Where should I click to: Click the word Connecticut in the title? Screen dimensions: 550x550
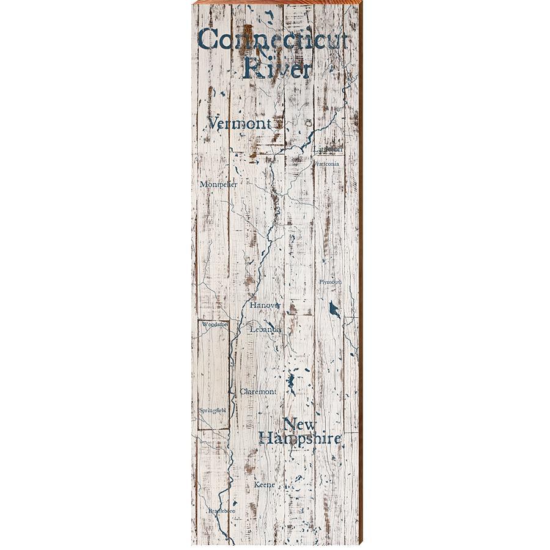pyautogui.click(x=273, y=40)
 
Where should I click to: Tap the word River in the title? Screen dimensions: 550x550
pyautogui.click(x=277, y=68)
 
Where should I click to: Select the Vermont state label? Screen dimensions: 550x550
pyautogui.click(x=239, y=123)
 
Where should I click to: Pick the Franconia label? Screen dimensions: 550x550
pyautogui.click(x=326, y=164)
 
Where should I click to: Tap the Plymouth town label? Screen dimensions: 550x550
pyautogui.click(x=330, y=282)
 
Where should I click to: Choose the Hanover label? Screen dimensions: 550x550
pyautogui.click(x=265, y=304)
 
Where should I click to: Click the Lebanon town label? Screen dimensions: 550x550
pyautogui.click(x=265, y=329)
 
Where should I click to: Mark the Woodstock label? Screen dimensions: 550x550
pyautogui.click(x=214, y=324)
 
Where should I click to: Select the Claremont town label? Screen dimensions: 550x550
pyautogui.click(x=258, y=391)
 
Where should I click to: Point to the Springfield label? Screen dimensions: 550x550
pyautogui.click(x=212, y=410)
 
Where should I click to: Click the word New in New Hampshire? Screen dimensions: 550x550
pyautogui.click(x=300, y=424)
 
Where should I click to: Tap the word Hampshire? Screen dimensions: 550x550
pyautogui.click(x=299, y=439)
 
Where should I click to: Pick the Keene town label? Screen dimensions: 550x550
pyautogui.click(x=265, y=485)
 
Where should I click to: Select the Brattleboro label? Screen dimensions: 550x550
pyautogui.click(x=221, y=510)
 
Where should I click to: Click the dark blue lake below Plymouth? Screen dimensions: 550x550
pyautogui.click(x=334, y=309)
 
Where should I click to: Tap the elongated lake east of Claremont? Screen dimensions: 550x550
pyautogui.click(x=291, y=384)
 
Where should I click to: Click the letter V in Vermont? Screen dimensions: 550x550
pyautogui.click(x=213, y=123)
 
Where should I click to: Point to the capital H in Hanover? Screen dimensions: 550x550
pyautogui.click(x=252, y=304)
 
